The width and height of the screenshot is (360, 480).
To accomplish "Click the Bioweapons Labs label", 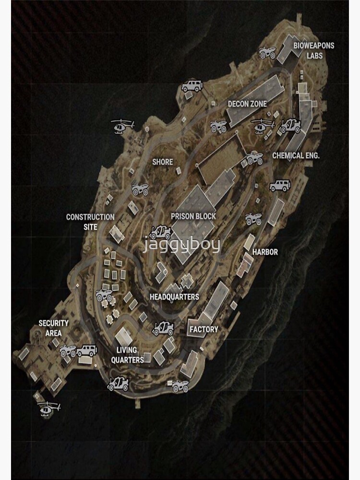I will point(314,50).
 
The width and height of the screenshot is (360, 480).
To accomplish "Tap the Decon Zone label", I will point(247,104).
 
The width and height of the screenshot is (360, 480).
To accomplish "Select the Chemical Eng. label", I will point(296,156).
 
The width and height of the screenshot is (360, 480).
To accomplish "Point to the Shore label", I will point(162,162).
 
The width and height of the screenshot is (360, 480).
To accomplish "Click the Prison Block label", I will point(193,216).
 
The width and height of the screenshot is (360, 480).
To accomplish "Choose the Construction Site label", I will point(90,222).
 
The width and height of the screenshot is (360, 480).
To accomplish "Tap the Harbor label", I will point(265,252).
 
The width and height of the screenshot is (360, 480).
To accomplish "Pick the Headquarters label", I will point(174,297).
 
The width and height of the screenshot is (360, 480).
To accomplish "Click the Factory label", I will point(204,329).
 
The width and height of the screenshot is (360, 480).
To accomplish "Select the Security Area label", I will point(54,328).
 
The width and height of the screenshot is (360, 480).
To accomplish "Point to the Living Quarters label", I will point(127,355).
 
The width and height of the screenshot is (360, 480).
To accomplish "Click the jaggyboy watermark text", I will point(182,245).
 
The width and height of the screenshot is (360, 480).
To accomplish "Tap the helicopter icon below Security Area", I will point(49,409).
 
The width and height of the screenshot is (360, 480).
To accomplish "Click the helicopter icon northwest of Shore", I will point(122,126).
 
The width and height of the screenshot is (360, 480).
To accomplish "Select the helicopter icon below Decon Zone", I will point(263,126).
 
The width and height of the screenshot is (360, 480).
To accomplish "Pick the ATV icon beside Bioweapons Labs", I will point(267,52).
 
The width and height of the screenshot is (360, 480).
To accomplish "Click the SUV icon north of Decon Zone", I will point(192,86).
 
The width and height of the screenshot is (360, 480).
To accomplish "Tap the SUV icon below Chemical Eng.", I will point(279,186).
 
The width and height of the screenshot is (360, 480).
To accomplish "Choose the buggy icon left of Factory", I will point(163,328).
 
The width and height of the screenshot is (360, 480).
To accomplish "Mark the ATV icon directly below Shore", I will point(140,190).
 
